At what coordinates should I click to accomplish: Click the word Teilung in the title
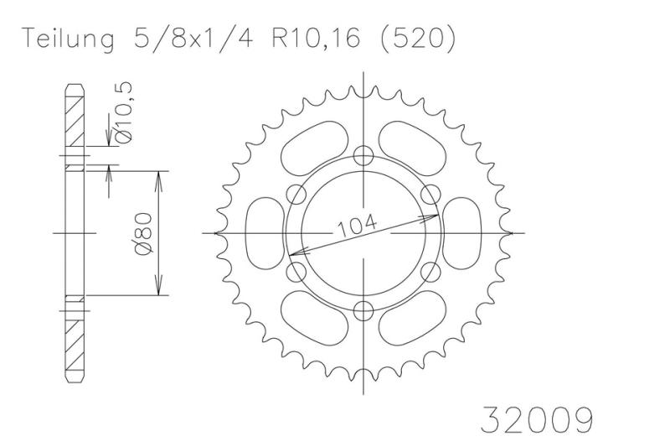[x=69, y=39]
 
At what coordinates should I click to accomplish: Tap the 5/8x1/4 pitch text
[x=193, y=39]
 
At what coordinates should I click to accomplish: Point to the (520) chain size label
[x=418, y=39]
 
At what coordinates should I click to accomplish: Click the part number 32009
[x=537, y=419]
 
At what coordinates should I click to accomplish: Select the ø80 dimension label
[x=143, y=234]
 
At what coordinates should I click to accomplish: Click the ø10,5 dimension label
[x=123, y=112]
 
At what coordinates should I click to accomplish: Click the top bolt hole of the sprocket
[x=363, y=155]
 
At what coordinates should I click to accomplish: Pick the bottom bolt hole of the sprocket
[x=363, y=310]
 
